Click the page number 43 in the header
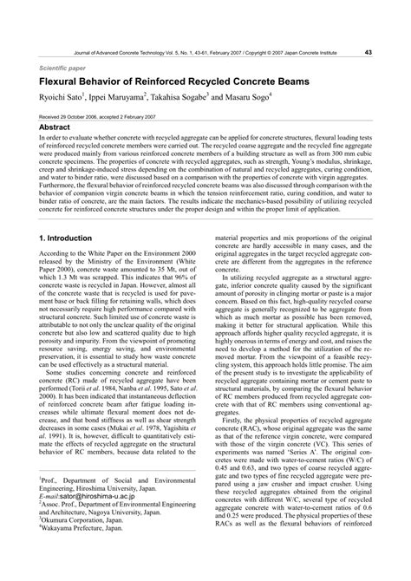coord(369,52)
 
